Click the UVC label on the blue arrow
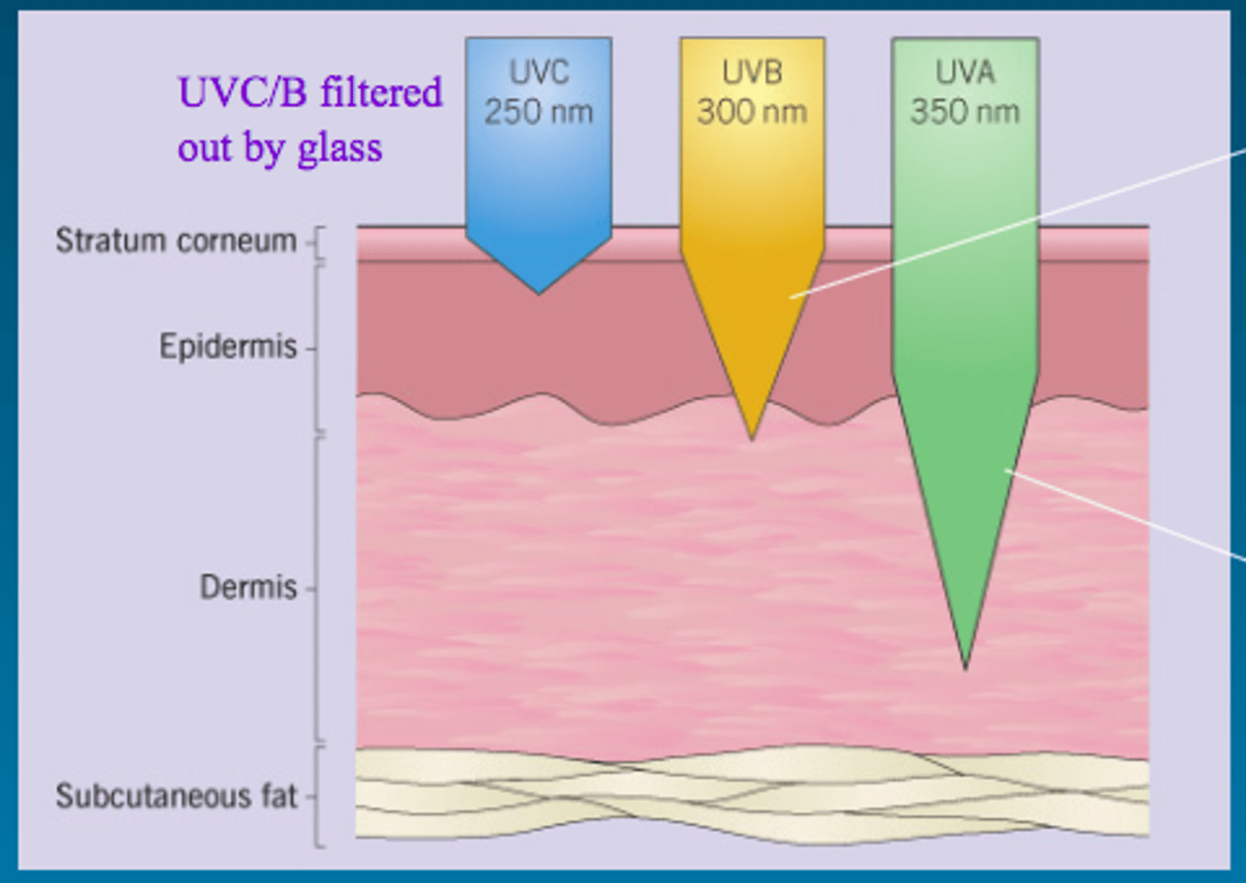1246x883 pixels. [x=539, y=73]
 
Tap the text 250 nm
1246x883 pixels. [x=538, y=112]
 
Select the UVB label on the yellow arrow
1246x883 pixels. [x=752, y=73]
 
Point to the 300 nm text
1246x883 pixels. [x=752, y=112]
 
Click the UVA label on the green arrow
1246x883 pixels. [x=965, y=73]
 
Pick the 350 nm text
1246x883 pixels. [x=965, y=112]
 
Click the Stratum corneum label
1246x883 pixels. [x=177, y=241]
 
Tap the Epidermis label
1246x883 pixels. [x=228, y=346]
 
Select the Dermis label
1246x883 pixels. [x=248, y=587]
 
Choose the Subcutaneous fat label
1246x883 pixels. [x=177, y=796]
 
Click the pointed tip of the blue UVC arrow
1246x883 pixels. [x=538, y=293]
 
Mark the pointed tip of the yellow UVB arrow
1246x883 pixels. [x=752, y=439]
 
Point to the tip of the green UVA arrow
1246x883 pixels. [x=966, y=668]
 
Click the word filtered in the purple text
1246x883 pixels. [x=381, y=92]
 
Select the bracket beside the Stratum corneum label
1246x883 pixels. [x=317, y=244]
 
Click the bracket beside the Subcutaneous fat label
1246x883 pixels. [x=317, y=796]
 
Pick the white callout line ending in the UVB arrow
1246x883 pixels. [x=1018, y=223]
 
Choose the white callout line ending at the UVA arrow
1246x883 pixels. [x=1125, y=515]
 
